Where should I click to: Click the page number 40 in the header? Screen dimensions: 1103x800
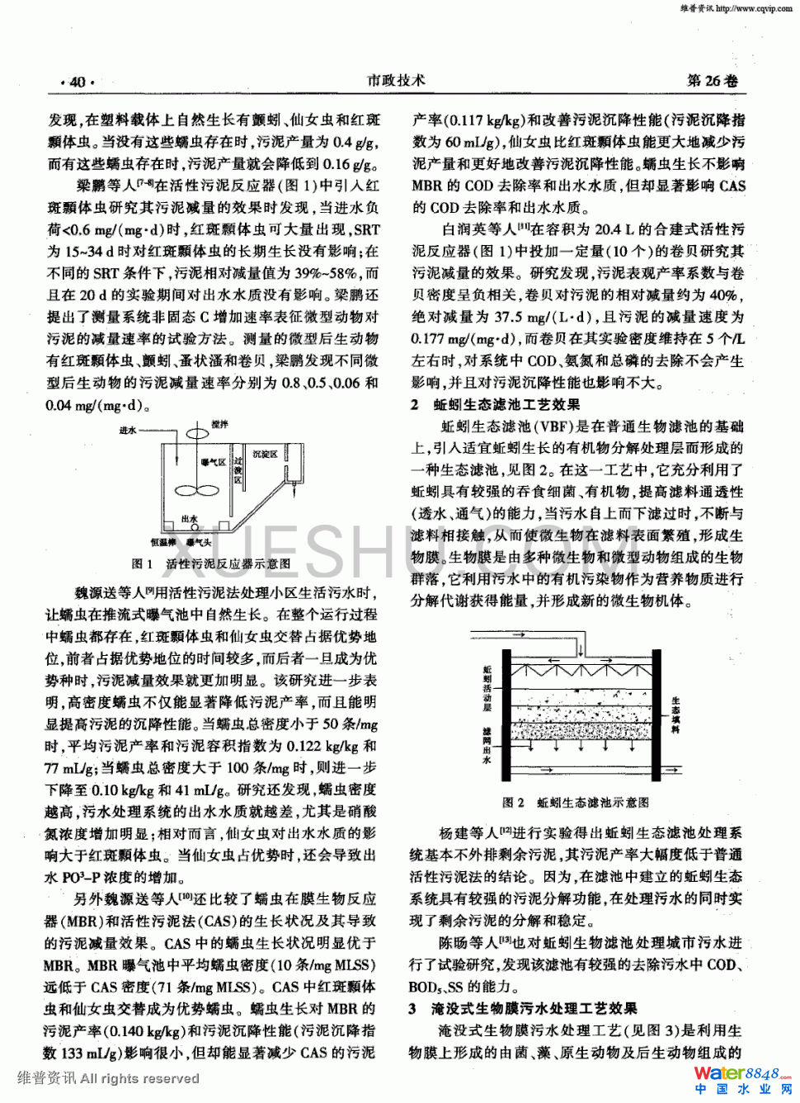[x=78, y=82]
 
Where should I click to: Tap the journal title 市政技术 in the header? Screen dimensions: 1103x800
[x=397, y=80]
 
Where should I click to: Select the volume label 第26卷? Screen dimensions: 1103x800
[x=712, y=81]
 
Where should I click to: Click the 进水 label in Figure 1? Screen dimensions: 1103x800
[x=128, y=431]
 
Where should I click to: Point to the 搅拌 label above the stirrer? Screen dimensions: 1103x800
[x=219, y=424]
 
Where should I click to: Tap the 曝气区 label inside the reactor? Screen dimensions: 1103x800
[x=214, y=463]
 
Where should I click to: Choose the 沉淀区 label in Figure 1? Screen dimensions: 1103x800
[x=265, y=455]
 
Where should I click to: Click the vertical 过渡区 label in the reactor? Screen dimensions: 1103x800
[x=238, y=470]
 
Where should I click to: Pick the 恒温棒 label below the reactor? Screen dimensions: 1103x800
[x=161, y=542]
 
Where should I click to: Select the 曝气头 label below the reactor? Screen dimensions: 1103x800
[x=199, y=542]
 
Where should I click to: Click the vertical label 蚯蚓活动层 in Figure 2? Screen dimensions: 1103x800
[x=487, y=689]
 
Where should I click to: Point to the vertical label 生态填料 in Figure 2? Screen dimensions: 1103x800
[x=675, y=714]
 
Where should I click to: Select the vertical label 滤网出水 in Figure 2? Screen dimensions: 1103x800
[x=487, y=745]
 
